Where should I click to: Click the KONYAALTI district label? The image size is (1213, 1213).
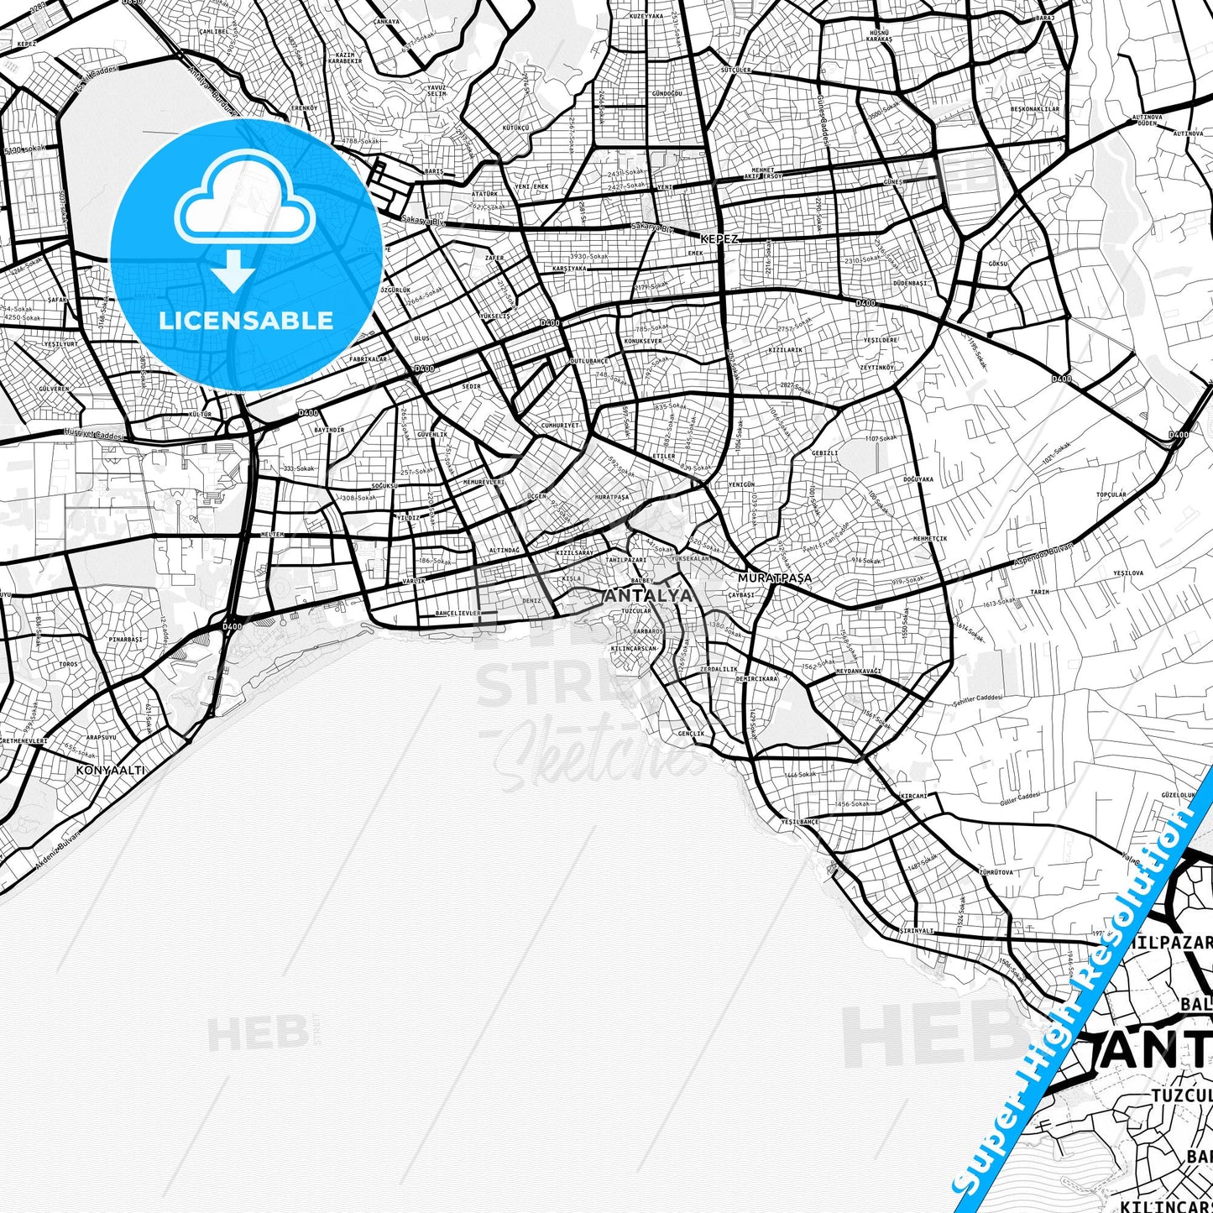pos(110,769)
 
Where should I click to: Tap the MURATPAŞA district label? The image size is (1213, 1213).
pos(774,578)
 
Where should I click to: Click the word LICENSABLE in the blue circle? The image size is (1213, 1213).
pos(246,320)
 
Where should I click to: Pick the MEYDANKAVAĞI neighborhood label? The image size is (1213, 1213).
pos(858,671)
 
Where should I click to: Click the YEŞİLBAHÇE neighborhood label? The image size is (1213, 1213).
pos(799,822)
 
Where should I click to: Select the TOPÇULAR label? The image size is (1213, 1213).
pos(1111,494)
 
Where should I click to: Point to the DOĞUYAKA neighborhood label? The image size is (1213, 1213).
pos(918,479)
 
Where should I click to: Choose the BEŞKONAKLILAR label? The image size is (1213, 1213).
pos(1034,109)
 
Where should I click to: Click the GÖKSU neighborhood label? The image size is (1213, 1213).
pos(997,264)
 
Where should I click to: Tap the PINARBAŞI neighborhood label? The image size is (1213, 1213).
pos(125,639)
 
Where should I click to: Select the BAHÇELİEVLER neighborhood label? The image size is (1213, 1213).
pos(458,614)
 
